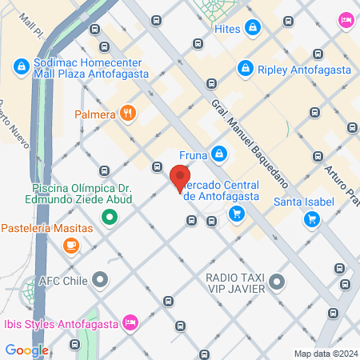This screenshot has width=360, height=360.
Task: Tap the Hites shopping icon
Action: click(x=253, y=28)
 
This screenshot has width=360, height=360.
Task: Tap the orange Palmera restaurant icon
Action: click(x=127, y=113)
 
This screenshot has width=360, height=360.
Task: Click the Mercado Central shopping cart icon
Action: click(x=236, y=213)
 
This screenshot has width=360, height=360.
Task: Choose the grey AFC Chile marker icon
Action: click(x=100, y=280)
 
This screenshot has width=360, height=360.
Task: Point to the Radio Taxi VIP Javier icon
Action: click(x=276, y=281)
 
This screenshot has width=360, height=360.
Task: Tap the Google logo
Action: click(x=27, y=350)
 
